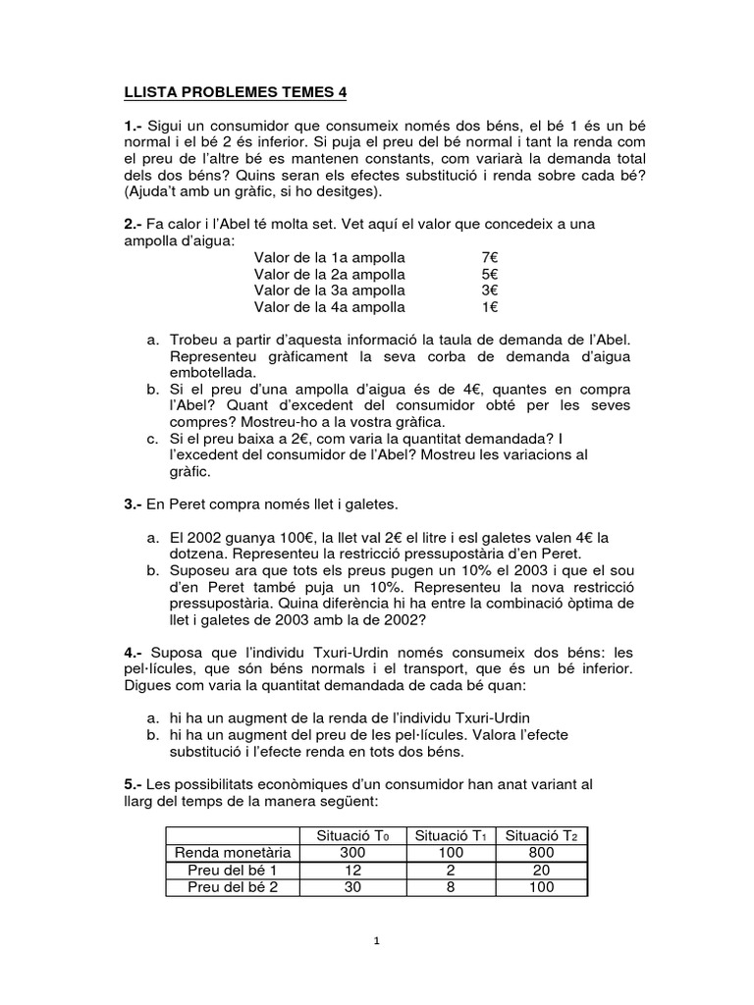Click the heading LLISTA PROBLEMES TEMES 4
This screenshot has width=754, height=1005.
pyautogui.click(x=235, y=93)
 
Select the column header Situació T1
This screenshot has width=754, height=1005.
pyautogui.click(x=451, y=835)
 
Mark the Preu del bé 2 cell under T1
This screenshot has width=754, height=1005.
pyautogui.click(x=451, y=887)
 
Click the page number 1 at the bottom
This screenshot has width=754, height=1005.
pyautogui.click(x=377, y=941)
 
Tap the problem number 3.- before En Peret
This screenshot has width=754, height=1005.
pyautogui.click(x=135, y=504)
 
